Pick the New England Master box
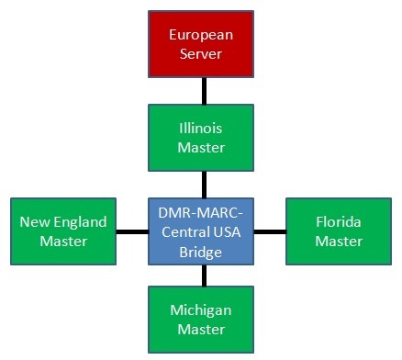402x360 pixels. click(63, 231)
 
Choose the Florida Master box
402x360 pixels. click(339, 231)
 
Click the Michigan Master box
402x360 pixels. click(201, 319)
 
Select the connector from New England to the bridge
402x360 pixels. click(132, 231)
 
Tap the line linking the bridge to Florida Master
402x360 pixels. click(270, 231)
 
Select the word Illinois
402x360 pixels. click(201, 128)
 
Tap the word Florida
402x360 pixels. click(339, 221)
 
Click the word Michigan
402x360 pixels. click(201, 309)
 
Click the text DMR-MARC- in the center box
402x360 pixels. click(201, 211)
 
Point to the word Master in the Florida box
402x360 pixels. click(339, 242)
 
